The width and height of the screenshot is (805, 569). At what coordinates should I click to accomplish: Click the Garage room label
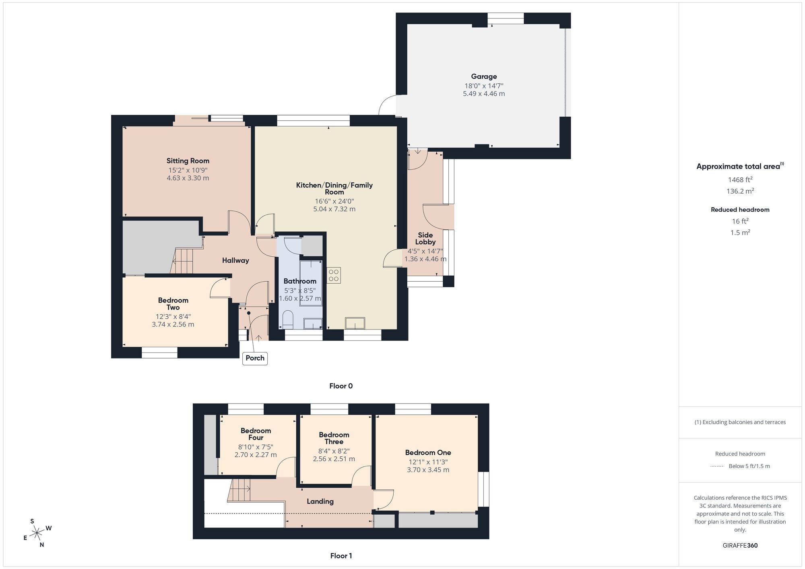click(484, 76)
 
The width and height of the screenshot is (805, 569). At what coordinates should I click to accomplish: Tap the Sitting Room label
click(188, 161)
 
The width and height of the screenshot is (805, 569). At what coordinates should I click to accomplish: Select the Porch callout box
click(255, 358)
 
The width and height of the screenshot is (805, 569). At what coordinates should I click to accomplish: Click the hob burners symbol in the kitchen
click(334, 275)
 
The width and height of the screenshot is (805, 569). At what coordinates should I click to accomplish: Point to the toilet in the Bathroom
click(288, 320)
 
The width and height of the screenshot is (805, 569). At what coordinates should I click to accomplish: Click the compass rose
click(37, 533)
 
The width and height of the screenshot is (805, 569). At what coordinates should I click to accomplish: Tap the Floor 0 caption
click(341, 386)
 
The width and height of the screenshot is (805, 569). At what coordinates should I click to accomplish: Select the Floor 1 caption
click(341, 556)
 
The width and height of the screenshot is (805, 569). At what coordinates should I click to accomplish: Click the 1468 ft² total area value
click(740, 180)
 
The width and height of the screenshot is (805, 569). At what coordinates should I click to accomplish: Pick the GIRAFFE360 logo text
click(740, 546)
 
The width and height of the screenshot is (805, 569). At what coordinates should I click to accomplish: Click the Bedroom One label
click(428, 453)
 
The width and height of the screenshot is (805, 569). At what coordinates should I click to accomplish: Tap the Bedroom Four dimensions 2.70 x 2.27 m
click(256, 455)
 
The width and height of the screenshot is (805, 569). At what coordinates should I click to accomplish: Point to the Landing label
click(320, 501)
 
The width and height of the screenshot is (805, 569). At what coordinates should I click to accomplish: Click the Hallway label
click(235, 260)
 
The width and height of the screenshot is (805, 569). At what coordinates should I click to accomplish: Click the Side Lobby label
click(425, 238)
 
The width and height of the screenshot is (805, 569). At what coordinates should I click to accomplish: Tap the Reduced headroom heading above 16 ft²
click(740, 210)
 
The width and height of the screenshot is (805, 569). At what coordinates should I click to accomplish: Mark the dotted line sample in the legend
click(717, 466)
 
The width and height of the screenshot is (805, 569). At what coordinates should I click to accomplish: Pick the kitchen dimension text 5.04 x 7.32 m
click(334, 209)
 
